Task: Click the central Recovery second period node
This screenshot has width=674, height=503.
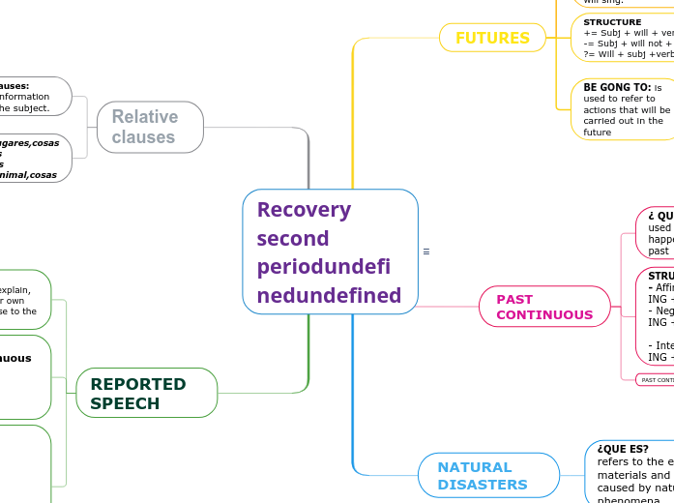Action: pyautogui.click(x=330, y=251)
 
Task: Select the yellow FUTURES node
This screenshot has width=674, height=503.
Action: pyautogui.click(x=492, y=38)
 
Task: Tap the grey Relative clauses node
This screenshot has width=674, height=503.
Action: pyautogui.click(x=150, y=127)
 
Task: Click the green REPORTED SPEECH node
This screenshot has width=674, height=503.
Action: pyautogui.click(x=146, y=393)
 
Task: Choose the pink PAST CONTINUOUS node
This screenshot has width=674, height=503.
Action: pyautogui.click(x=543, y=307)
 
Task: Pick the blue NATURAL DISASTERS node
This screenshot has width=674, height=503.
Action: pyautogui.click(x=488, y=475)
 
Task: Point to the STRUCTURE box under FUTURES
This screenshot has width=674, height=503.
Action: pyautogui.click(x=623, y=38)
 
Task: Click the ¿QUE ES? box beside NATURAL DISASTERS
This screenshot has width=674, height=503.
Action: pyautogui.click(x=630, y=471)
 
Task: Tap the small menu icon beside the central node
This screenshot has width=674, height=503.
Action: pyautogui.click(x=426, y=251)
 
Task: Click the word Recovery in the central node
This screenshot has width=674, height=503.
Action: pyautogui.click(x=304, y=210)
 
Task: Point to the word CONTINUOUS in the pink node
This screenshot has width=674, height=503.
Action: pyautogui.click(x=544, y=315)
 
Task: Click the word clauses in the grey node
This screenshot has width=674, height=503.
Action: pyautogui.click(x=143, y=137)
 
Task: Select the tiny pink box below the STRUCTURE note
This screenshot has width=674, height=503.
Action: pyautogui.click(x=654, y=380)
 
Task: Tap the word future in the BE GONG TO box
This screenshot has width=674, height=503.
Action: pyautogui.click(x=597, y=133)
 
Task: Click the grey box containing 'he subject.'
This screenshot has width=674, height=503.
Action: pyautogui.click(x=35, y=97)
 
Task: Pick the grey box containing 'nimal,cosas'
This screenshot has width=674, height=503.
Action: pyautogui.click(x=35, y=159)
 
